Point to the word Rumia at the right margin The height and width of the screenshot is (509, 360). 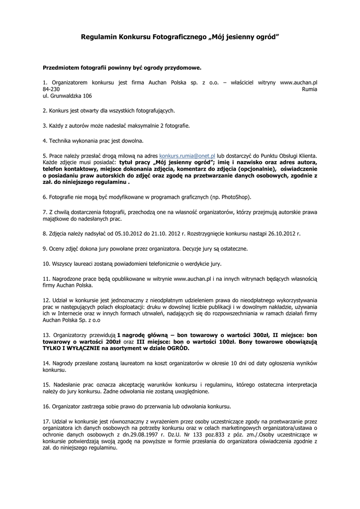[x=309, y=88]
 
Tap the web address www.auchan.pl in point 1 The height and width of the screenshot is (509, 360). [x=298, y=82]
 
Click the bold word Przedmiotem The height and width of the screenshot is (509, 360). [x=62, y=67]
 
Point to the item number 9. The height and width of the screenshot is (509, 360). [x=45, y=248]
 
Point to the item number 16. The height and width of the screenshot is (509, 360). [x=46, y=406]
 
